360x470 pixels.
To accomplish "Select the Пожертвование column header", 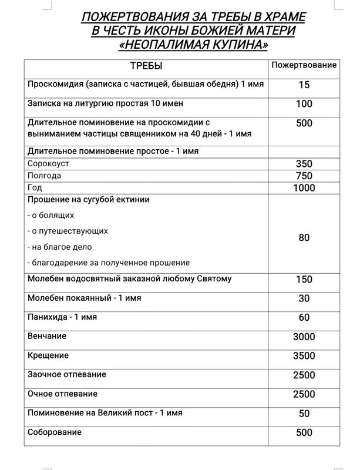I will click(x=304, y=65).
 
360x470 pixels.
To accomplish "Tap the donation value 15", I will click(x=304, y=85).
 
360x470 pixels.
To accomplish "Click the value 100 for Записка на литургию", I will click(x=304, y=104).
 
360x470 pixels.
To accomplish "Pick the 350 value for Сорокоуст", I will click(x=304, y=164).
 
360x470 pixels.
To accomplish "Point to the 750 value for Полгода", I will click(x=304, y=176).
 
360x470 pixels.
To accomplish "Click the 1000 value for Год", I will click(x=304, y=188).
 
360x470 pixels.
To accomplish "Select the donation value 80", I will click(x=304, y=238).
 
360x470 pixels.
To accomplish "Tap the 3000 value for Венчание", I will click(x=304, y=337).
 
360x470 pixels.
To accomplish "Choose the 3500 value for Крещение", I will click(x=304, y=356).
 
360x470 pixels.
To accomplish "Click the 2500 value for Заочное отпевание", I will click(x=304, y=375).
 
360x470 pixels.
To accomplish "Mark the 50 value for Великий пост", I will click(x=304, y=414).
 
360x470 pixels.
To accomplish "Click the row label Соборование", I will click(x=55, y=432).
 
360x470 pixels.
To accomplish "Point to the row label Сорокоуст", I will click(x=47, y=163).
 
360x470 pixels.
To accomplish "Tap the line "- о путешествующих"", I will click(x=68, y=231).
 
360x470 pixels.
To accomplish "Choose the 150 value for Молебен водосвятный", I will click(x=304, y=279).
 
